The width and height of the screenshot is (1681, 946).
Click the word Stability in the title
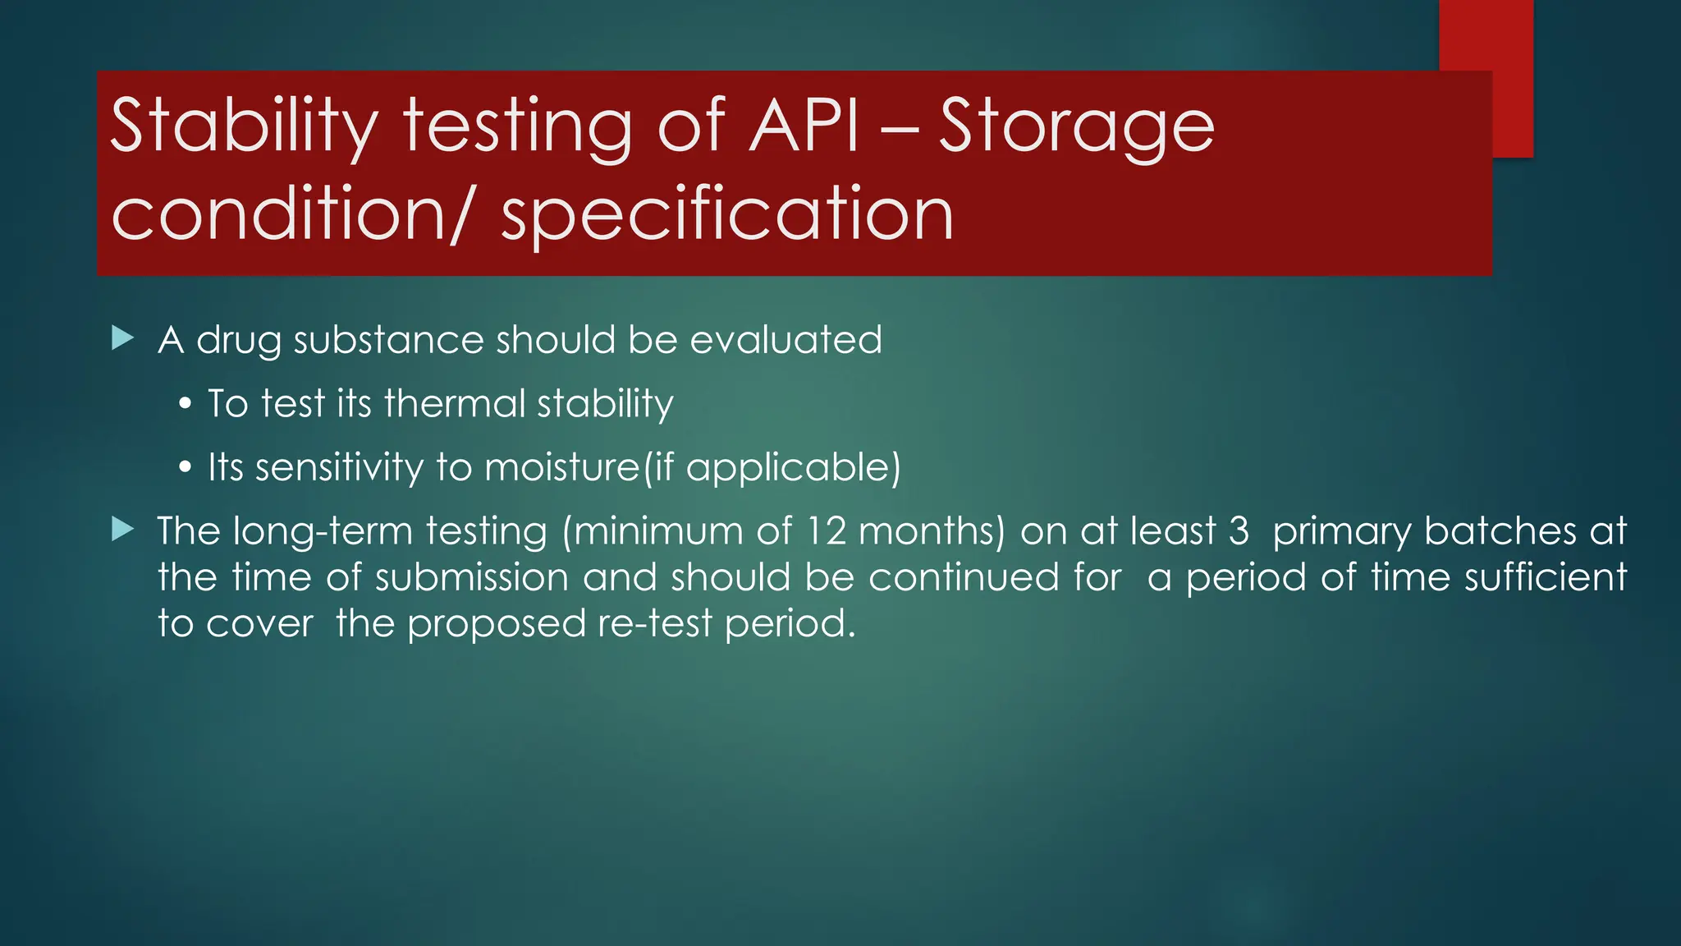tap(244, 126)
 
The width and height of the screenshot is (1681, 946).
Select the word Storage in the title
tap(1076, 126)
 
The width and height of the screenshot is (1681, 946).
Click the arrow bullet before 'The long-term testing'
tap(122, 529)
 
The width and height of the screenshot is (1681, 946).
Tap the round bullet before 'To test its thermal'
tap(186, 404)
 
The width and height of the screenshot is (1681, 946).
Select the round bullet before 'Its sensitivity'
tap(186, 468)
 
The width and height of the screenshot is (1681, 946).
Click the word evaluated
tap(786, 340)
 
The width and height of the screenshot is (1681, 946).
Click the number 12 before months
tap(826, 531)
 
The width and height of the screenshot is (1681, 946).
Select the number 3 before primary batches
tap(1239, 531)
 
